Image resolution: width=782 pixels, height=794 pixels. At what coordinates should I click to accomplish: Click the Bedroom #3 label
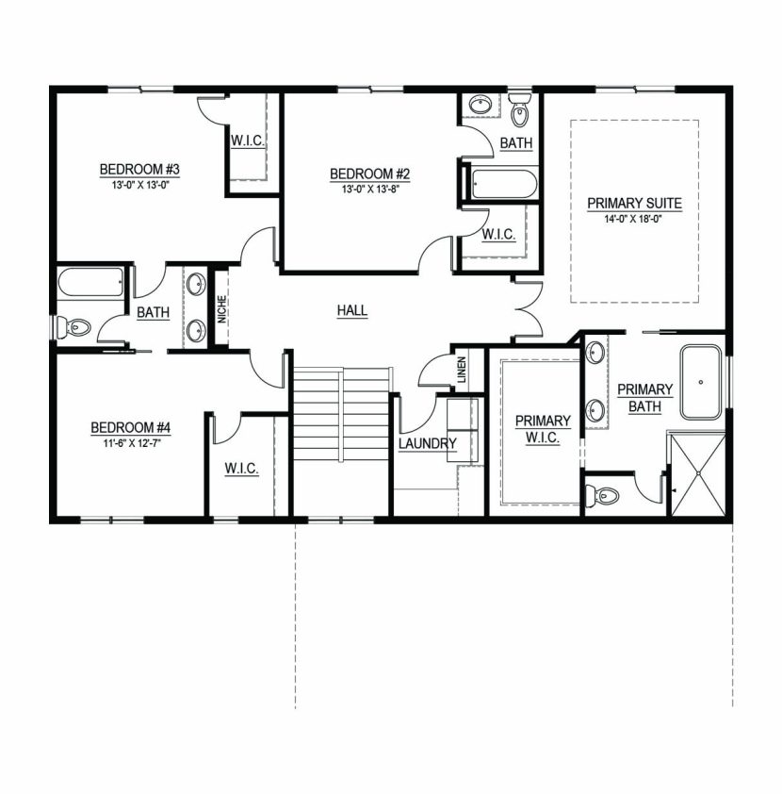pyautogui.click(x=139, y=169)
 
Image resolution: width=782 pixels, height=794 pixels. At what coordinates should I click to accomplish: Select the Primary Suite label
pyautogui.click(x=634, y=203)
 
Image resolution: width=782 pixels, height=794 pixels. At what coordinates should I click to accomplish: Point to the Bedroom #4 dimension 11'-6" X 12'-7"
pyautogui.click(x=130, y=442)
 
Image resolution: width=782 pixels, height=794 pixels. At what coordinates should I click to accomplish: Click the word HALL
pyautogui.click(x=352, y=310)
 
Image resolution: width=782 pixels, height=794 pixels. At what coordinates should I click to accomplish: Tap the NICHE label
pyautogui.click(x=221, y=308)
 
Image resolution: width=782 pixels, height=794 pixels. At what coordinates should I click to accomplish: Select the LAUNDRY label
pyautogui.click(x=427, y=443)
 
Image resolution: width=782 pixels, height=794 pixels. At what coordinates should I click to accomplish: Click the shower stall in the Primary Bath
pyautogui.click(x=696, y=474)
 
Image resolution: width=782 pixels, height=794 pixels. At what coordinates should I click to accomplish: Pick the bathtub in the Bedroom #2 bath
pyautogui.click(x=503, y=183)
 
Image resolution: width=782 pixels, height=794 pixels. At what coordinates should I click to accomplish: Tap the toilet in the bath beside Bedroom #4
pyautogui.click(x=73, y=327)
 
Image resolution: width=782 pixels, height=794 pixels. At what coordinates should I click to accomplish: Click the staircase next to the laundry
pyautogui.click(x=340, y=414)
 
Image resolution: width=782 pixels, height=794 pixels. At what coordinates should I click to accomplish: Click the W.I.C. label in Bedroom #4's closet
pyautogui.click(x=242, y=468)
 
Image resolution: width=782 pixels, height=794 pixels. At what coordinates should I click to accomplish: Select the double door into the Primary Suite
pyautogui.click(x=527, y=308)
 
